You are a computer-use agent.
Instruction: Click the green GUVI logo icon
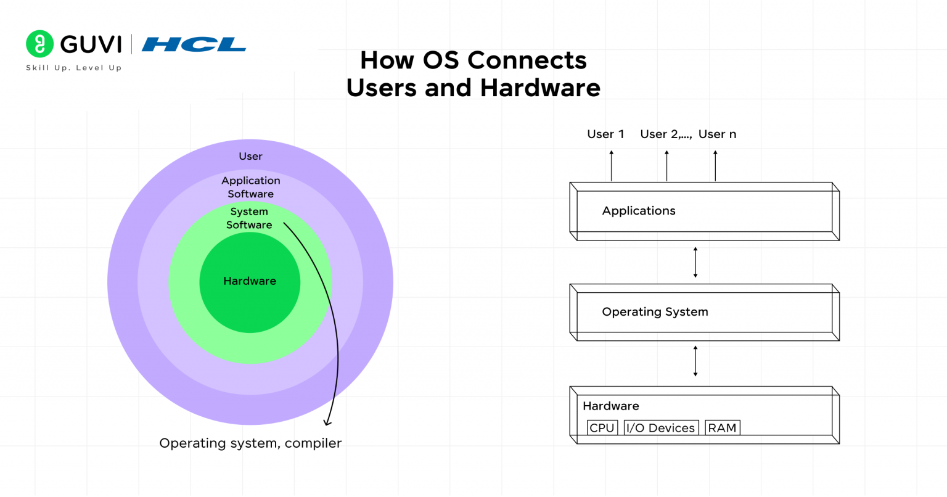(39, 44)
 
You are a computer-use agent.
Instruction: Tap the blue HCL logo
(194, 44)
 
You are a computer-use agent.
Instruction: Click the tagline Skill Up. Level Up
(74, 68)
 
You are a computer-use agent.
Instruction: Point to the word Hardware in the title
(540, 88)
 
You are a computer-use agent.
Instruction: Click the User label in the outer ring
(250, 157)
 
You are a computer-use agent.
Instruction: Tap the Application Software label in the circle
(250, 187)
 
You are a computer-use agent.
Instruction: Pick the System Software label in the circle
(249, 218)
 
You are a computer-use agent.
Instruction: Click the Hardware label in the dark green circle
(250, 281)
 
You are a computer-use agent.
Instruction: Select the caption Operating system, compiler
(250, 443)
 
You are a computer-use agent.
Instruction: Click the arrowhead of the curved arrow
(328, 422)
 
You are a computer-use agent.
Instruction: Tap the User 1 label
(605, 134)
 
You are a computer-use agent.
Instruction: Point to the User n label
(717, 134)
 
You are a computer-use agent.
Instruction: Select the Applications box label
(639, 211)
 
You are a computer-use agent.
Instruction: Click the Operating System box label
(655, 312)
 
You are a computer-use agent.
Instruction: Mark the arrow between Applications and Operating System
(695, 262)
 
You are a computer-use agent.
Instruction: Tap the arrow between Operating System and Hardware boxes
(695, 361)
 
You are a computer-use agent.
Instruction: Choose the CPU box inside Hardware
(602, 428)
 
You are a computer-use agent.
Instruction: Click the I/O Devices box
(660, 428)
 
